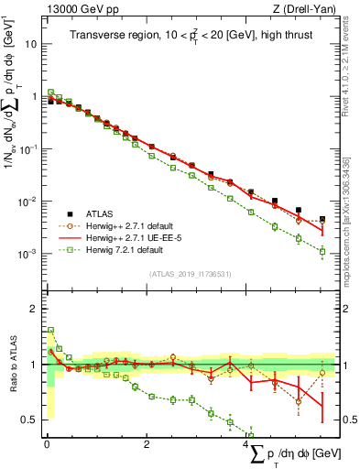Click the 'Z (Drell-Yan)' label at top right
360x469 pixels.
pyautogui.click(x=291, y=7)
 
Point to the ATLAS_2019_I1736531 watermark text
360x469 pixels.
pyautogui.click(x=190, y=273)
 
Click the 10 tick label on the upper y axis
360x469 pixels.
pyautogui.click(x=31, y=43)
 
